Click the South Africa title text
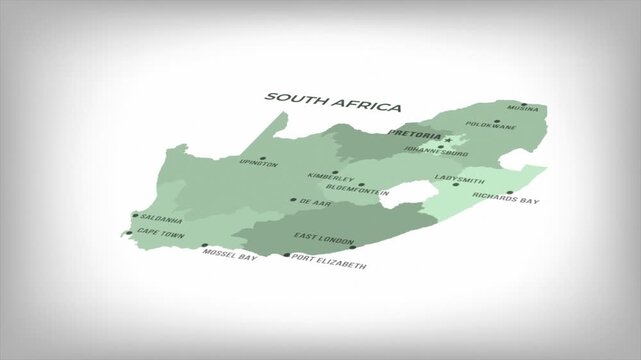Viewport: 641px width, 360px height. pos(332,102)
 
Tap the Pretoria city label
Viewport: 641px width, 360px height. pos(414,132)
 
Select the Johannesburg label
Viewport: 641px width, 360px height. pos(433,154)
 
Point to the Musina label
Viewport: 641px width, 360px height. pos(523,108)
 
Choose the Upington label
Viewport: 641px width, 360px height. pos(259,164)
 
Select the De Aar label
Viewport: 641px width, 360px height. pos(313,201)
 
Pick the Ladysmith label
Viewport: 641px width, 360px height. pos(456,178)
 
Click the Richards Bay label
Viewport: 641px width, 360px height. pos(506,200)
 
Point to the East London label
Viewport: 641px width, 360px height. pos(324,237)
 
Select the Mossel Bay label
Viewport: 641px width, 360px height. pos(229,256)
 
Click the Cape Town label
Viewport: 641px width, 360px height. pos(161,232)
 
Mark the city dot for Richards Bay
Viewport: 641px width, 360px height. pos(509,192)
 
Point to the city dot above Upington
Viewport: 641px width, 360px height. pos(262,157)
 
